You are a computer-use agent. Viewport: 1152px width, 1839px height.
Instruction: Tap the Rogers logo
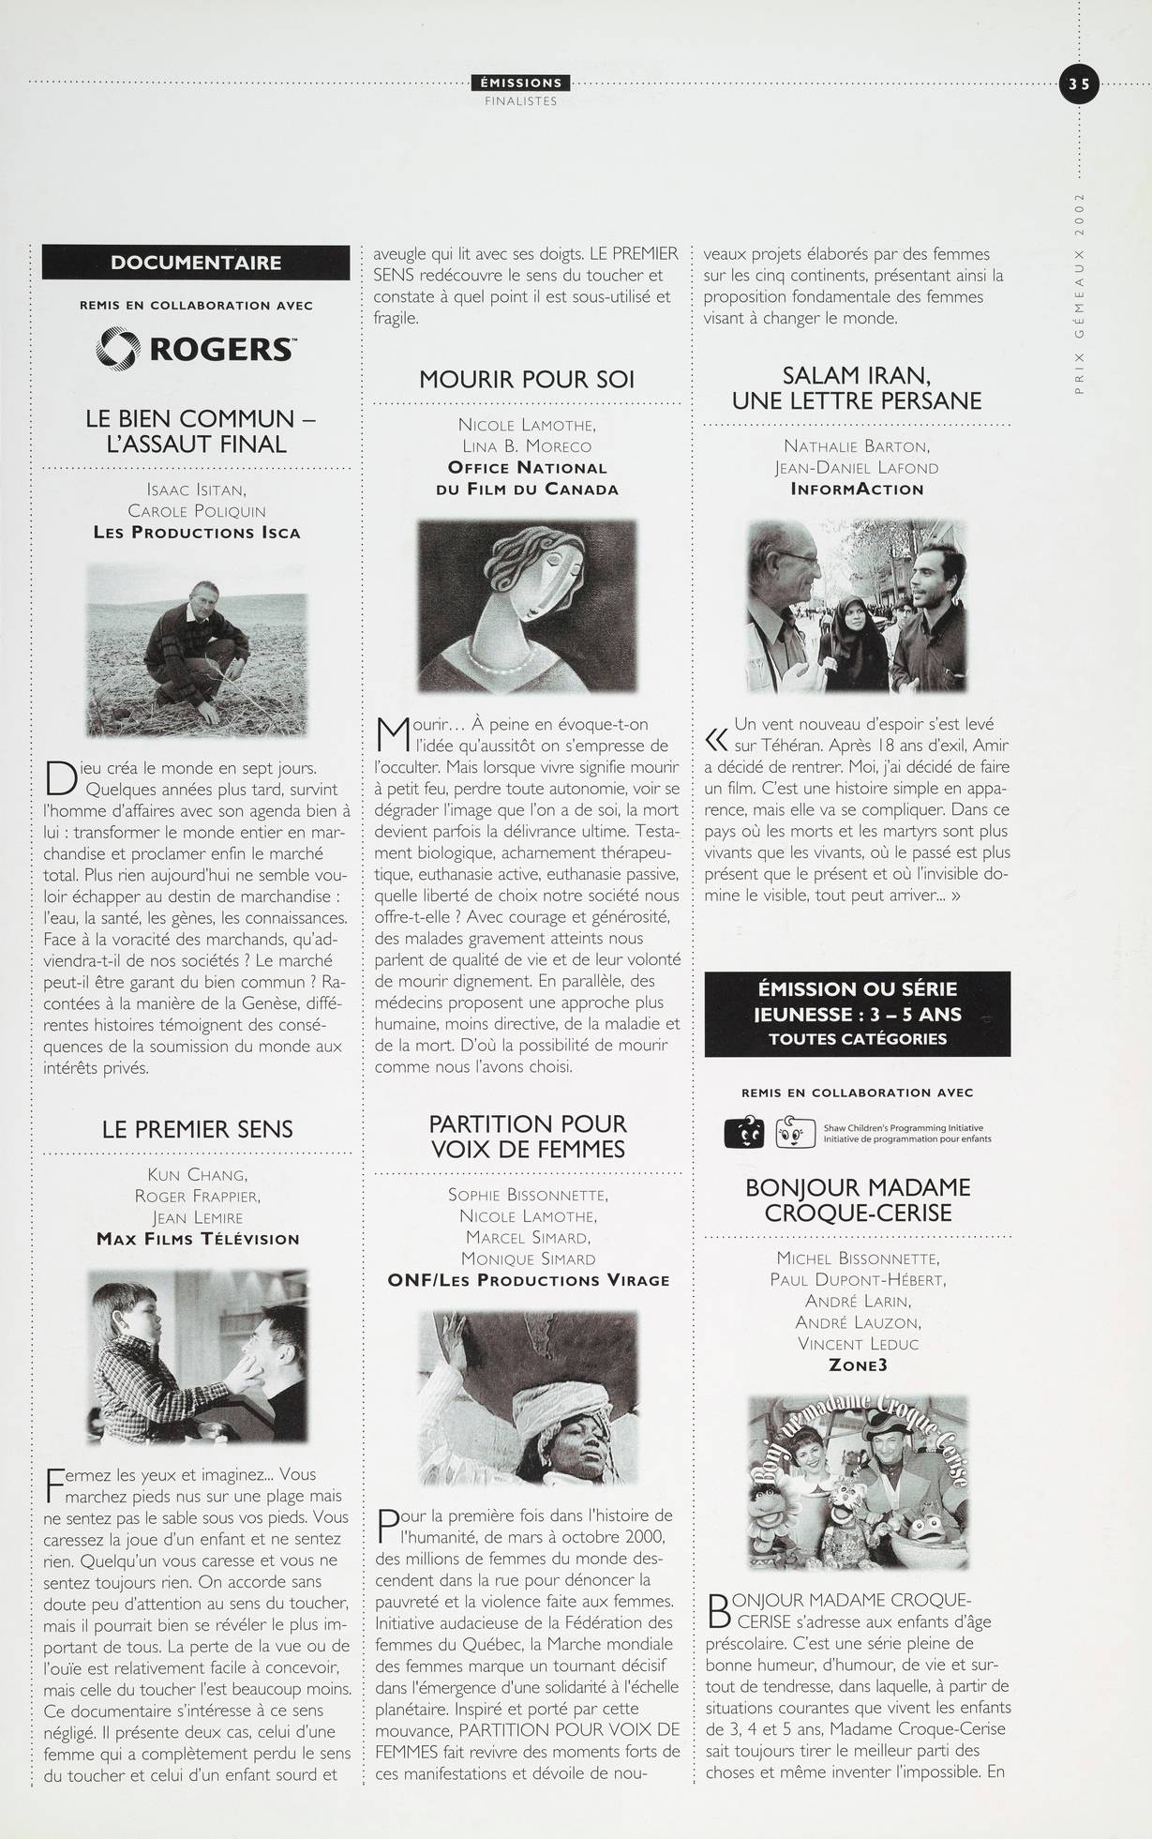196,349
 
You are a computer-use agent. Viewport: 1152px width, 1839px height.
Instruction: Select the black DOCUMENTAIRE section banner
196,262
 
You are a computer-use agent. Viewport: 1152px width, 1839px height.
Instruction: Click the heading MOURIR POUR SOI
527,380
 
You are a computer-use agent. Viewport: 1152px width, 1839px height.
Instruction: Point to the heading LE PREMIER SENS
197,1129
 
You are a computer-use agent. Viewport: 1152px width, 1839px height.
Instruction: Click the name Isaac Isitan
196,489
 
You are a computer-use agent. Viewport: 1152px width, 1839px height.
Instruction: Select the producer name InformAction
857,489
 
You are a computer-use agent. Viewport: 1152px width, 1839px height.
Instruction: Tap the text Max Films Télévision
198,1239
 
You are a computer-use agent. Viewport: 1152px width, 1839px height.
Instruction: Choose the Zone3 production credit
857,1364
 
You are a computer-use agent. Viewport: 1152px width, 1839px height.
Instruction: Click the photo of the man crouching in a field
197,649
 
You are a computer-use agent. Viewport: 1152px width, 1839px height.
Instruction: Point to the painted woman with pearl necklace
526,606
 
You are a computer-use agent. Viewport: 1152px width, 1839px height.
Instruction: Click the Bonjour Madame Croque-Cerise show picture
857,1483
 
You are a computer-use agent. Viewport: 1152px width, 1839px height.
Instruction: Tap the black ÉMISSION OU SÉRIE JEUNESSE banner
857,1014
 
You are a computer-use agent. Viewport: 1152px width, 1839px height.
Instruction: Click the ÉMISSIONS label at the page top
520,83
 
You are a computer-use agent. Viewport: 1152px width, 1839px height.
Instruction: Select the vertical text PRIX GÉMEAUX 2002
1080,294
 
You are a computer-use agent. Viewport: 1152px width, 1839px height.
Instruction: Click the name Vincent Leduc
857,1344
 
